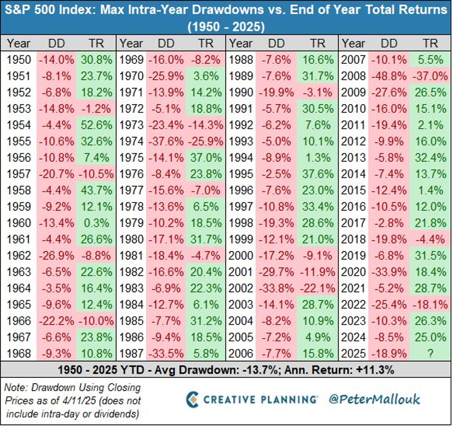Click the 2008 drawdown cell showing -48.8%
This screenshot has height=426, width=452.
coord(390,74)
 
